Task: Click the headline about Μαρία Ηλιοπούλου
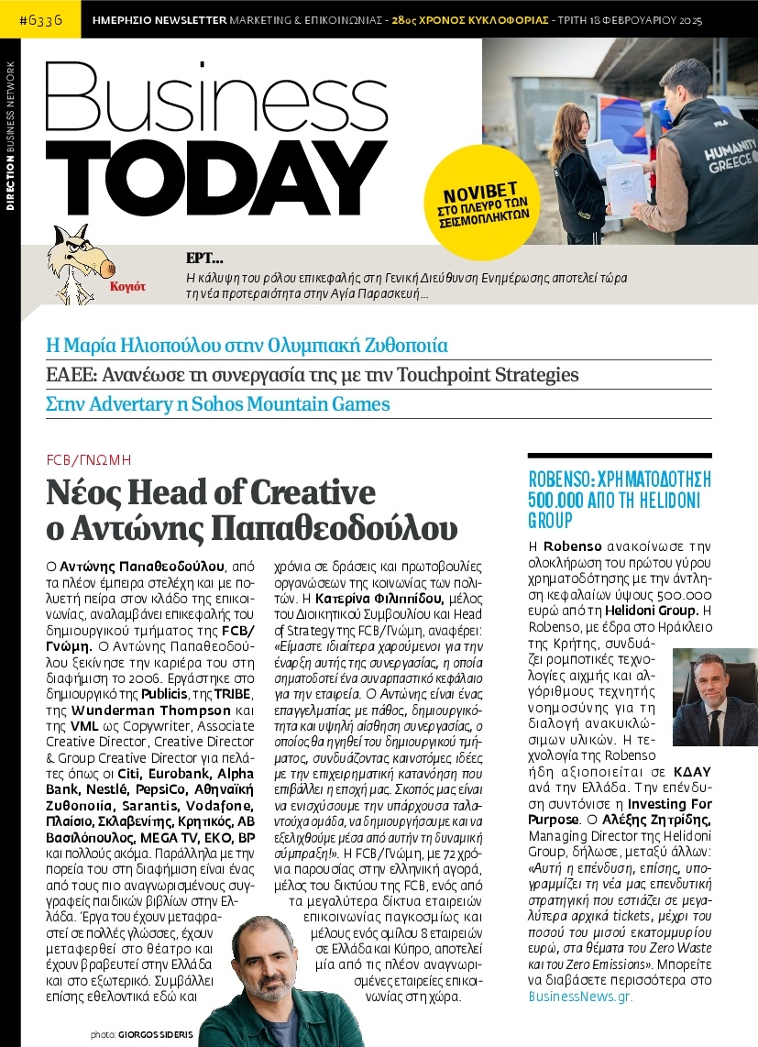point(247,347)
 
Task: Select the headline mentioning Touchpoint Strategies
point(313,375)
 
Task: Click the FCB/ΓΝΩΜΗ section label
point(89,460)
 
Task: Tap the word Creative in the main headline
point(298,493)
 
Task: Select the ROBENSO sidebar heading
point(620,500)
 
